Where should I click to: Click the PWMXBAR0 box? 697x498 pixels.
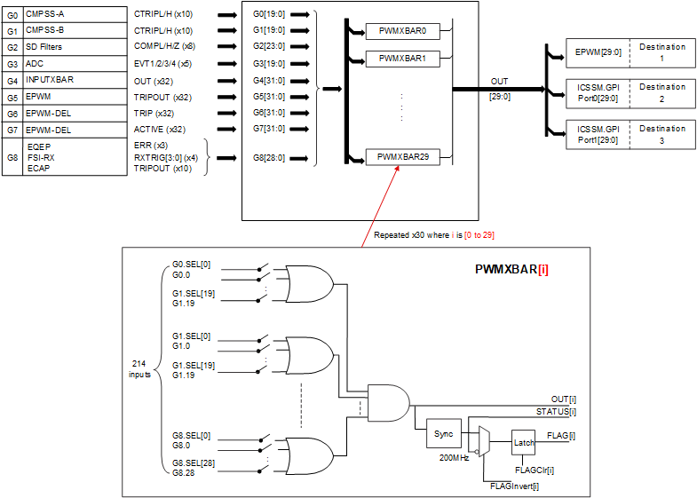pyautogui.click(x=402, y=31)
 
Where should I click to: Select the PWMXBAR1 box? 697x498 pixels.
pyautogui.click(x=402, y=59)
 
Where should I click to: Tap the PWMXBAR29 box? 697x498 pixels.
pyautogui.click(x=402, y=156)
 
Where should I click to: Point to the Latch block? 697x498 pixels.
pyautogui.click(x=524, y=441)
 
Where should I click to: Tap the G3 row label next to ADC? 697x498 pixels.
pyautogui.click(x=12, y=64)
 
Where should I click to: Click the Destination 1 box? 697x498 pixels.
pyautogui.click(x=662, y=52)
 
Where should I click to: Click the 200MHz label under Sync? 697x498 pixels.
pyautogui.click(x=451, y=457)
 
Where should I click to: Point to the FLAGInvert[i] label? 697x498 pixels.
pyautogui.click(x=514, y=486)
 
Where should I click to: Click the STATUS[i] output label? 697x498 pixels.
pyautogui.click(x=556, y=411)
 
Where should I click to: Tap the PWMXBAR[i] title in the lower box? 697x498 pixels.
pyautogui.click(x=511, y=267)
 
